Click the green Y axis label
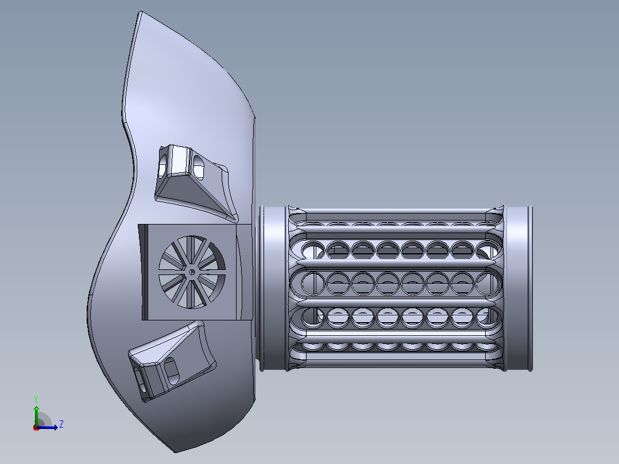point(36,399)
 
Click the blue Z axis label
point(61,424)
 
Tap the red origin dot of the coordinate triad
point(36,428)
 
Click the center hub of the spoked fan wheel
point(191,272)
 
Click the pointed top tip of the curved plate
point(140,12)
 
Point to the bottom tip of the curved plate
point(176,451)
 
